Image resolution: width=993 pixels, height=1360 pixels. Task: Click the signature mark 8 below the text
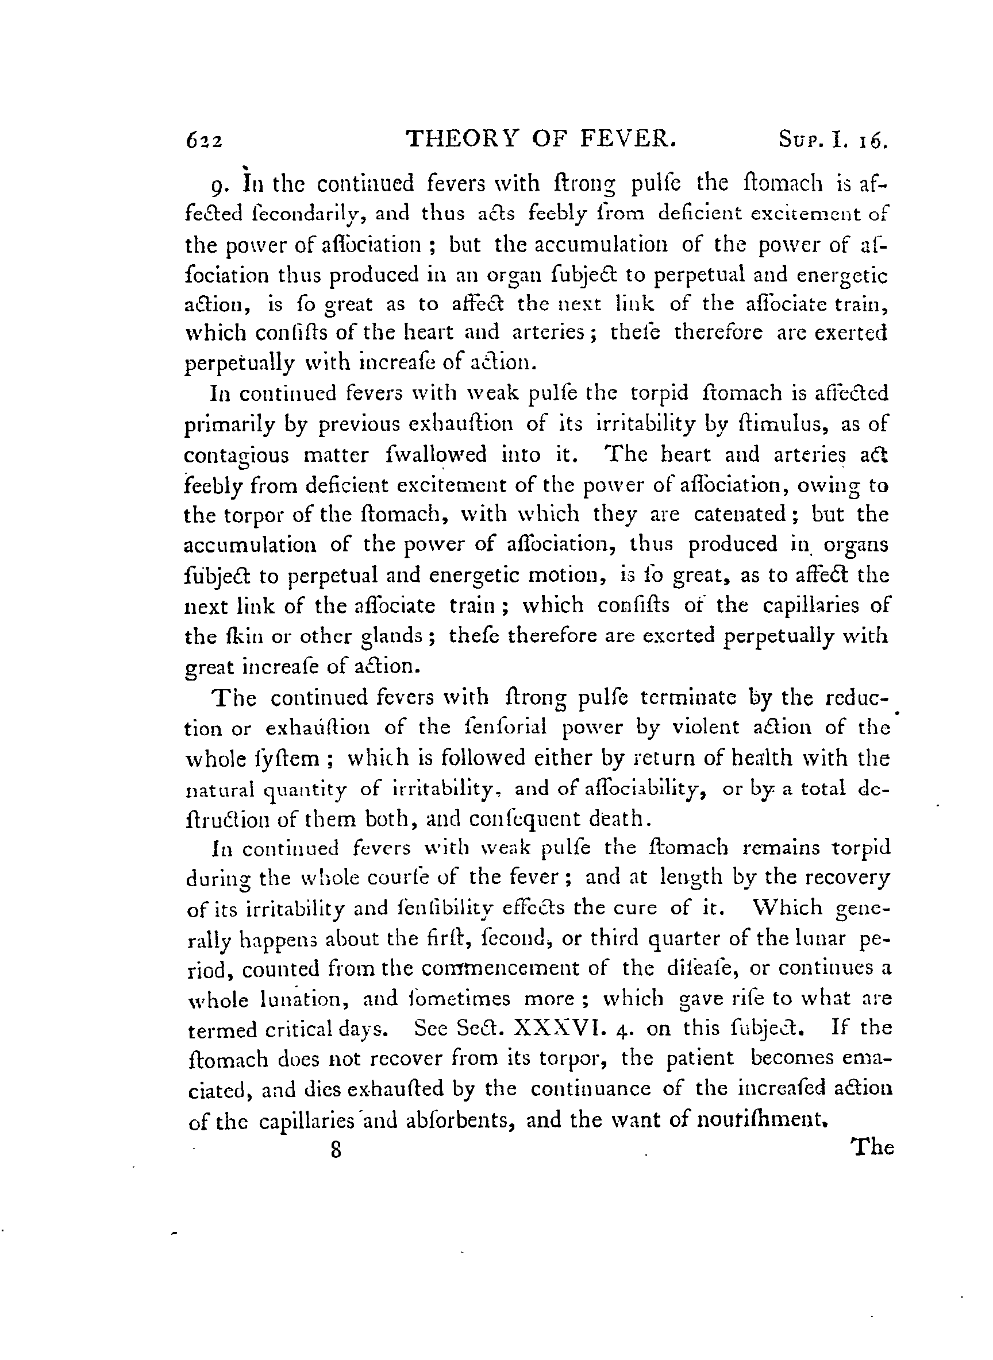(x=336, y=1150)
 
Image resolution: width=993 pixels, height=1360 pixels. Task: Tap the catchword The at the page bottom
(x=872, y=1148)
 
